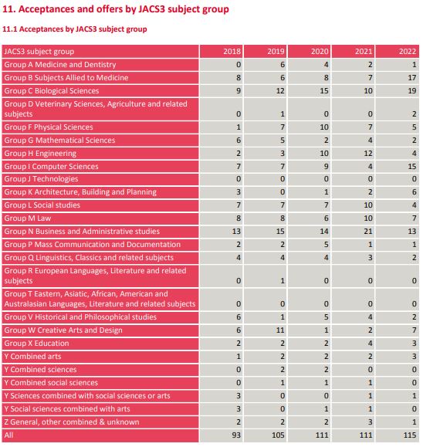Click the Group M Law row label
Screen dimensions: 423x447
pyautogui.click(x=28, y=218)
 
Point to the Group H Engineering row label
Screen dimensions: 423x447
pyautogui.click(x=40, y=154)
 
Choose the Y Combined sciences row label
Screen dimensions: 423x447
pyautogui.click(x=40, y=370)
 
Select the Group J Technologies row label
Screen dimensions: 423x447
pyautogui.click(x=41, y=179)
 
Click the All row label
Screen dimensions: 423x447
pyautogui.click(x=8, y=435)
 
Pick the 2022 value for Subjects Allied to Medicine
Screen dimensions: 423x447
pyautogui.click(x=412, y=77)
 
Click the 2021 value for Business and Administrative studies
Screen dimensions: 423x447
pyautogui.click(x=368, y=231)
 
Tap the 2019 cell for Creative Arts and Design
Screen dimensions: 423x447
pyautogui.click(x=280, y=330)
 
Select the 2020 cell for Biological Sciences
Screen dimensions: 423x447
pyautogui.click(x=324, y=90)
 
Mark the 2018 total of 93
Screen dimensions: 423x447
pyautogui.click(x=236, y=435)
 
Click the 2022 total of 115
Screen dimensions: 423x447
pyautogui.click(x=410, y=435)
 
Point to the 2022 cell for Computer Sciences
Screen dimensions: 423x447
pyautogui.click(x=412, y=166)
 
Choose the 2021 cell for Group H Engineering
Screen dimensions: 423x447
pyautogui.click(x=368, y=154)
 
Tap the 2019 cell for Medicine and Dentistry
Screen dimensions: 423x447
pyautogui.click(x=283, y=65)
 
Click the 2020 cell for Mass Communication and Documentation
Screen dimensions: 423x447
pyautogui.click(x=327, y=244)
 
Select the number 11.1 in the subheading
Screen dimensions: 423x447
pyautogui.click(x=10, y=29)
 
